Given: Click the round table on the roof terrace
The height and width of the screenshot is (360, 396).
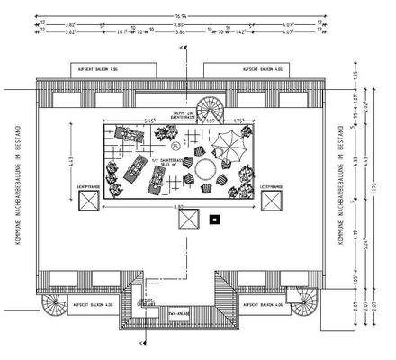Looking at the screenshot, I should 205,168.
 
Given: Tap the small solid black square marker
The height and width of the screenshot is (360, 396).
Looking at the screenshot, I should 214,219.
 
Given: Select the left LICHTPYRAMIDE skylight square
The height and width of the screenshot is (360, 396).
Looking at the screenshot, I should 87,202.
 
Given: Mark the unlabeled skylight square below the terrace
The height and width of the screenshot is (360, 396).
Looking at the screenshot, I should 188,221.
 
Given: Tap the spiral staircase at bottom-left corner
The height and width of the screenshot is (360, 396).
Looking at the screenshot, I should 53,307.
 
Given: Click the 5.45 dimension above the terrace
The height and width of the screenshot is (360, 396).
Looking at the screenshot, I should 149,120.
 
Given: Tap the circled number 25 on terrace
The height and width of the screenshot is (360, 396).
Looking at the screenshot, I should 175,145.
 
